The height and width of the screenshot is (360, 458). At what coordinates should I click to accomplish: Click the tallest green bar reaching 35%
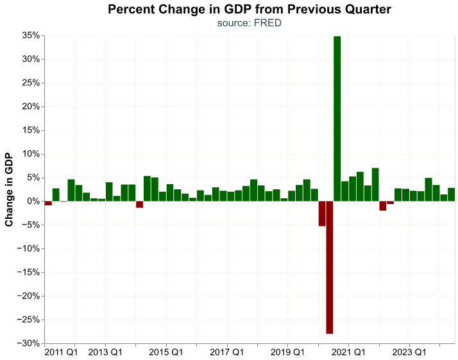point(337,119)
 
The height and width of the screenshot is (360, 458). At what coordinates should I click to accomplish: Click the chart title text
point(250,10)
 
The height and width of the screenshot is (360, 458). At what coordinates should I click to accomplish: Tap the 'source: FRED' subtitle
point(250,23)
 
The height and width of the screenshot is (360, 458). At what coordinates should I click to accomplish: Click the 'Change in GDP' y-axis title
point(9,189)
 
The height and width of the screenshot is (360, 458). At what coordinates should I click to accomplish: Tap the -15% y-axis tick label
point(29,273)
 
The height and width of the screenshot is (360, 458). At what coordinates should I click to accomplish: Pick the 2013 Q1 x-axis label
point(105,352)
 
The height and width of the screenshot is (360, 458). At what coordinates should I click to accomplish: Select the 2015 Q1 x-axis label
point(165,352)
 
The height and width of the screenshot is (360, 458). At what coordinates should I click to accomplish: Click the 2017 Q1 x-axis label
point(226,352)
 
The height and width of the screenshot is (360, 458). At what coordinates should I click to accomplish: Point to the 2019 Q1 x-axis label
point(287,352)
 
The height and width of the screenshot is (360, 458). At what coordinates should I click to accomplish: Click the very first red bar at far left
point(48,203)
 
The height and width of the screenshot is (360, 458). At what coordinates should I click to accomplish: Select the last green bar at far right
point(451,194)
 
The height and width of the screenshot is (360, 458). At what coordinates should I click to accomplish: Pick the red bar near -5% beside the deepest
point(322,214)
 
